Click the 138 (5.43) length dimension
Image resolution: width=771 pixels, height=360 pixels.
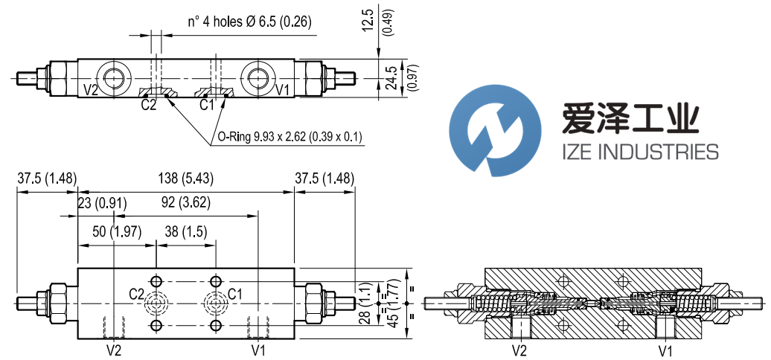tap(185, 179)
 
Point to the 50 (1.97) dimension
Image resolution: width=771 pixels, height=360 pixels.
tap(116, 231)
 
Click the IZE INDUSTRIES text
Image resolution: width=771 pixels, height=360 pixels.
tap(639, 152)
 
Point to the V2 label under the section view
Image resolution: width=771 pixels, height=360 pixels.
tap(519, 349)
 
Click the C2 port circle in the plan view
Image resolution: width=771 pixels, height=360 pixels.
tap(156, 303)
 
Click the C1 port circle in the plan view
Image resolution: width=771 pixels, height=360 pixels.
tap(215, 303)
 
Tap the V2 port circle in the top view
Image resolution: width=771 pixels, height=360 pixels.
tap(115, 76)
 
